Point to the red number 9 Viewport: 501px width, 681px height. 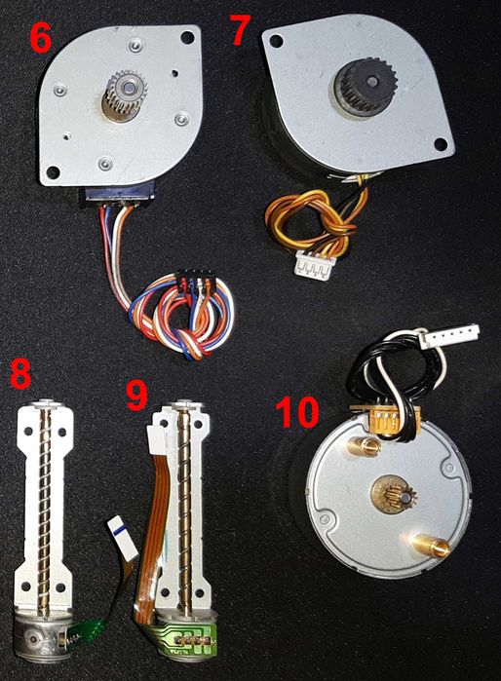pyautogui.click(x=140, y=395)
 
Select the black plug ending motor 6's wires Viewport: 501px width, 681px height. pyautogui.click(x=194, y=287)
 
